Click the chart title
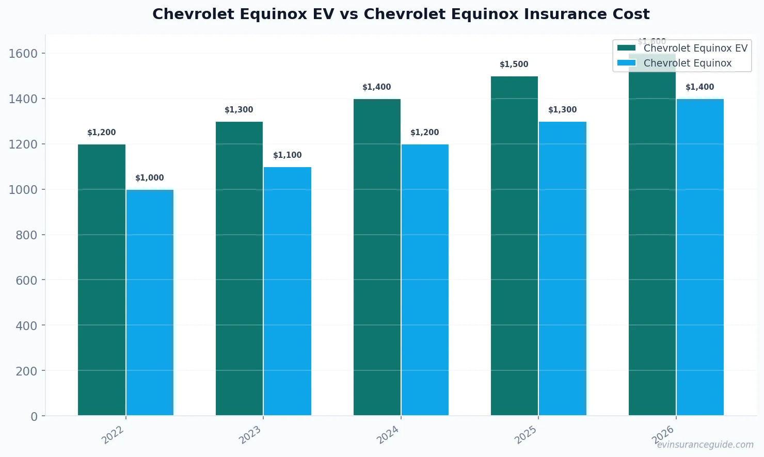click(401, 14)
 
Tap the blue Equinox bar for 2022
click(150, 302)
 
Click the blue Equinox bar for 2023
click(288, 291)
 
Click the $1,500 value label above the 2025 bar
click(514, 64)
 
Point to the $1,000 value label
click(150, 178)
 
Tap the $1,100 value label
click(288, 155)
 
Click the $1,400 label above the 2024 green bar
click(377, 87)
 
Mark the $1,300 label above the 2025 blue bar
click(562, 110)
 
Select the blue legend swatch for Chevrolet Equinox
click(626, 63)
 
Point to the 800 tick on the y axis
click(26, 235)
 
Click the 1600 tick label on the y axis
click(23, 54)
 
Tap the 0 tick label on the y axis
click(34, 417)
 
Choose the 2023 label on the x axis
click(250, 435)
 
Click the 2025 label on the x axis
click(526, 435)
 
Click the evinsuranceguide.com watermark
click(705, 445)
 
